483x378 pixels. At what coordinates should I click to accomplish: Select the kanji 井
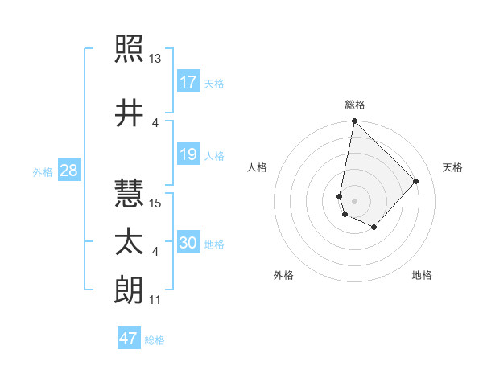click(129, 113)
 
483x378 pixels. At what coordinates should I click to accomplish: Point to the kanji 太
click(129, 242)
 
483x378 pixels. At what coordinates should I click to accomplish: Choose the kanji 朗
click(129, 290)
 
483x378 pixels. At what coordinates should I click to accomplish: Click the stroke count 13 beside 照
click(155, 59)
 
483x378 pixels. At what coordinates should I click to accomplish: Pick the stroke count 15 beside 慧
click(155, 203)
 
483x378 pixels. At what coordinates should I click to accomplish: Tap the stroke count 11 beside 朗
click(155, 300)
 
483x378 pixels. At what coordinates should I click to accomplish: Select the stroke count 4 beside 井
click(155, 122)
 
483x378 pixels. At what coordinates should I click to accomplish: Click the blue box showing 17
click(188, 81)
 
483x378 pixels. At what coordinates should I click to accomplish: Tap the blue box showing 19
click(188, 154)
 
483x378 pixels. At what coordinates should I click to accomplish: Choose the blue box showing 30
click(188, 243)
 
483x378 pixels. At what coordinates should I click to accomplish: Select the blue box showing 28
click(68, 171)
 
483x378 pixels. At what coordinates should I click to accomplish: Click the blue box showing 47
click(129, 339)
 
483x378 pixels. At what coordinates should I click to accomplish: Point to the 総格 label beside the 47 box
click(155, 340)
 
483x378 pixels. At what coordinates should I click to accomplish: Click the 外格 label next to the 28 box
click(43, 172)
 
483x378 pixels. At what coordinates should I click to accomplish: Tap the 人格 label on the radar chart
click(257, 167)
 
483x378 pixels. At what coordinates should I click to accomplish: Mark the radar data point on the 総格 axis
click(354, 121)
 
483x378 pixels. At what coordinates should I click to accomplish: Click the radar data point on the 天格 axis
click(415, 181)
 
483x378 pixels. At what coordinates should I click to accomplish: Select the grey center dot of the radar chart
click(354, 200)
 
